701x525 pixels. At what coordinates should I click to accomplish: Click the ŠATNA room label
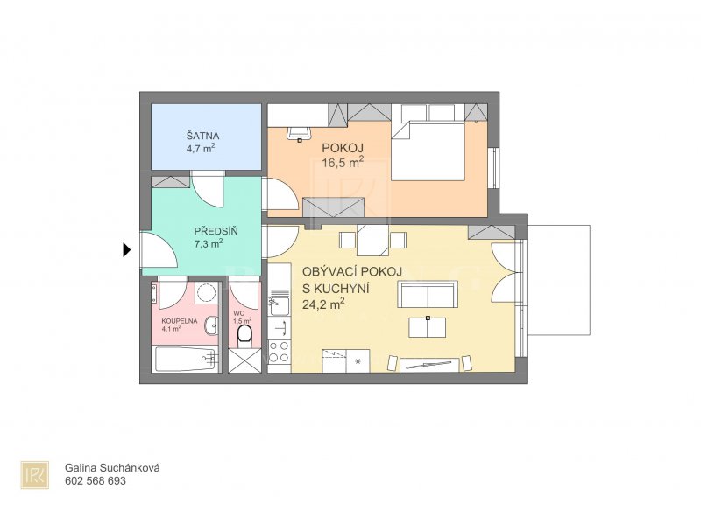(202, 136)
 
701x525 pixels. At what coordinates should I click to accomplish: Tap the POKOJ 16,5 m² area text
(343, 163)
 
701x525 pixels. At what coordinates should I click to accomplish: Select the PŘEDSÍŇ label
(216, 231)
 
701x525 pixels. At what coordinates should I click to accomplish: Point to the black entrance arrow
(127, 250)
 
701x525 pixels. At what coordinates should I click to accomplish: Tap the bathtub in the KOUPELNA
(187, 359)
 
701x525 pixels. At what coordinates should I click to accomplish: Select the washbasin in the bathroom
(211, 325)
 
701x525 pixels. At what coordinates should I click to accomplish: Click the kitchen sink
(279, 307)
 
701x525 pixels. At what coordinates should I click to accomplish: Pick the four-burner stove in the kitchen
(280, 352)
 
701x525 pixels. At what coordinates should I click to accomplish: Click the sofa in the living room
(428, 295)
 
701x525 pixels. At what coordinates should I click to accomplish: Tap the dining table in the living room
(373, 240)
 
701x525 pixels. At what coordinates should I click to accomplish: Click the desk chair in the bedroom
(299, 133)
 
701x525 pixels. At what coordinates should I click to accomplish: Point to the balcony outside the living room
(559, 279)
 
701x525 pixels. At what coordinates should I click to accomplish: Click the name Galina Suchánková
(112, 468)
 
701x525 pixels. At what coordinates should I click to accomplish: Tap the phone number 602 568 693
(96, 480)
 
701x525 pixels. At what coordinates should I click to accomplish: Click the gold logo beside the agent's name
(34, 474)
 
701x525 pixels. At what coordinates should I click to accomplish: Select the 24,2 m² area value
(323, 304)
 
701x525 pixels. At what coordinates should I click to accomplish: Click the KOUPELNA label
(180, 320)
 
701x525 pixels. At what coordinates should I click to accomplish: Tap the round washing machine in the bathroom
(206, 293)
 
